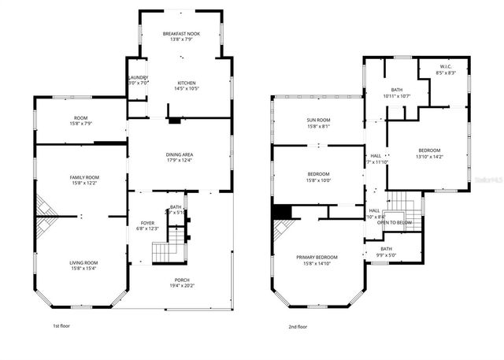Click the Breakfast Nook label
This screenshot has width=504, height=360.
(181, 34)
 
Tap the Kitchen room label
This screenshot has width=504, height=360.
(187, 83)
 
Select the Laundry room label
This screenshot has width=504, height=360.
(138, 77)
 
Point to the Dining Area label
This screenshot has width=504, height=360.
(181, 154)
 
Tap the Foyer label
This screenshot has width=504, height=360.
(149, 223)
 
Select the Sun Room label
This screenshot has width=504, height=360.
(318, 121)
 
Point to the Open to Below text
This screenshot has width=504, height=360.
(394, 223)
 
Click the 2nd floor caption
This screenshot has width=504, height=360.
(297, 326)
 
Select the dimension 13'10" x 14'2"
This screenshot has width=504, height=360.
(429, 156)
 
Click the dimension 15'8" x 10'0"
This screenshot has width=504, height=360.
(318, 179)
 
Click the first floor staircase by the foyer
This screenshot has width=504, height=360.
(168, 252)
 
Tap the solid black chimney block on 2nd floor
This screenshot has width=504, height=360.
(280, 213)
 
